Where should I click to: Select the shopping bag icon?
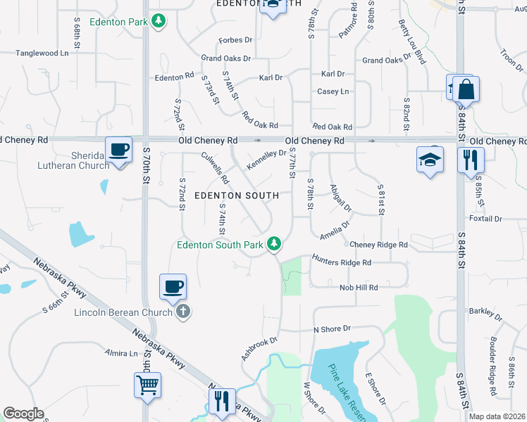point(466,90)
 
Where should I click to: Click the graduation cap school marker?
point(429,160)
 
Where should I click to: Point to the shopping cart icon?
point(148,385)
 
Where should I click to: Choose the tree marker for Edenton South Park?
point(274,244)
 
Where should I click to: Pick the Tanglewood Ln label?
point(43,53)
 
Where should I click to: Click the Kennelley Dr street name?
point(266,160)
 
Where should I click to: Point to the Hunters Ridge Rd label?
point(342,262)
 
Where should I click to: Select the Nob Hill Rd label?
point(359,287)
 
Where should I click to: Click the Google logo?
point(23,414)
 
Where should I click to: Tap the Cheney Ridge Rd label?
point(378,245)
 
